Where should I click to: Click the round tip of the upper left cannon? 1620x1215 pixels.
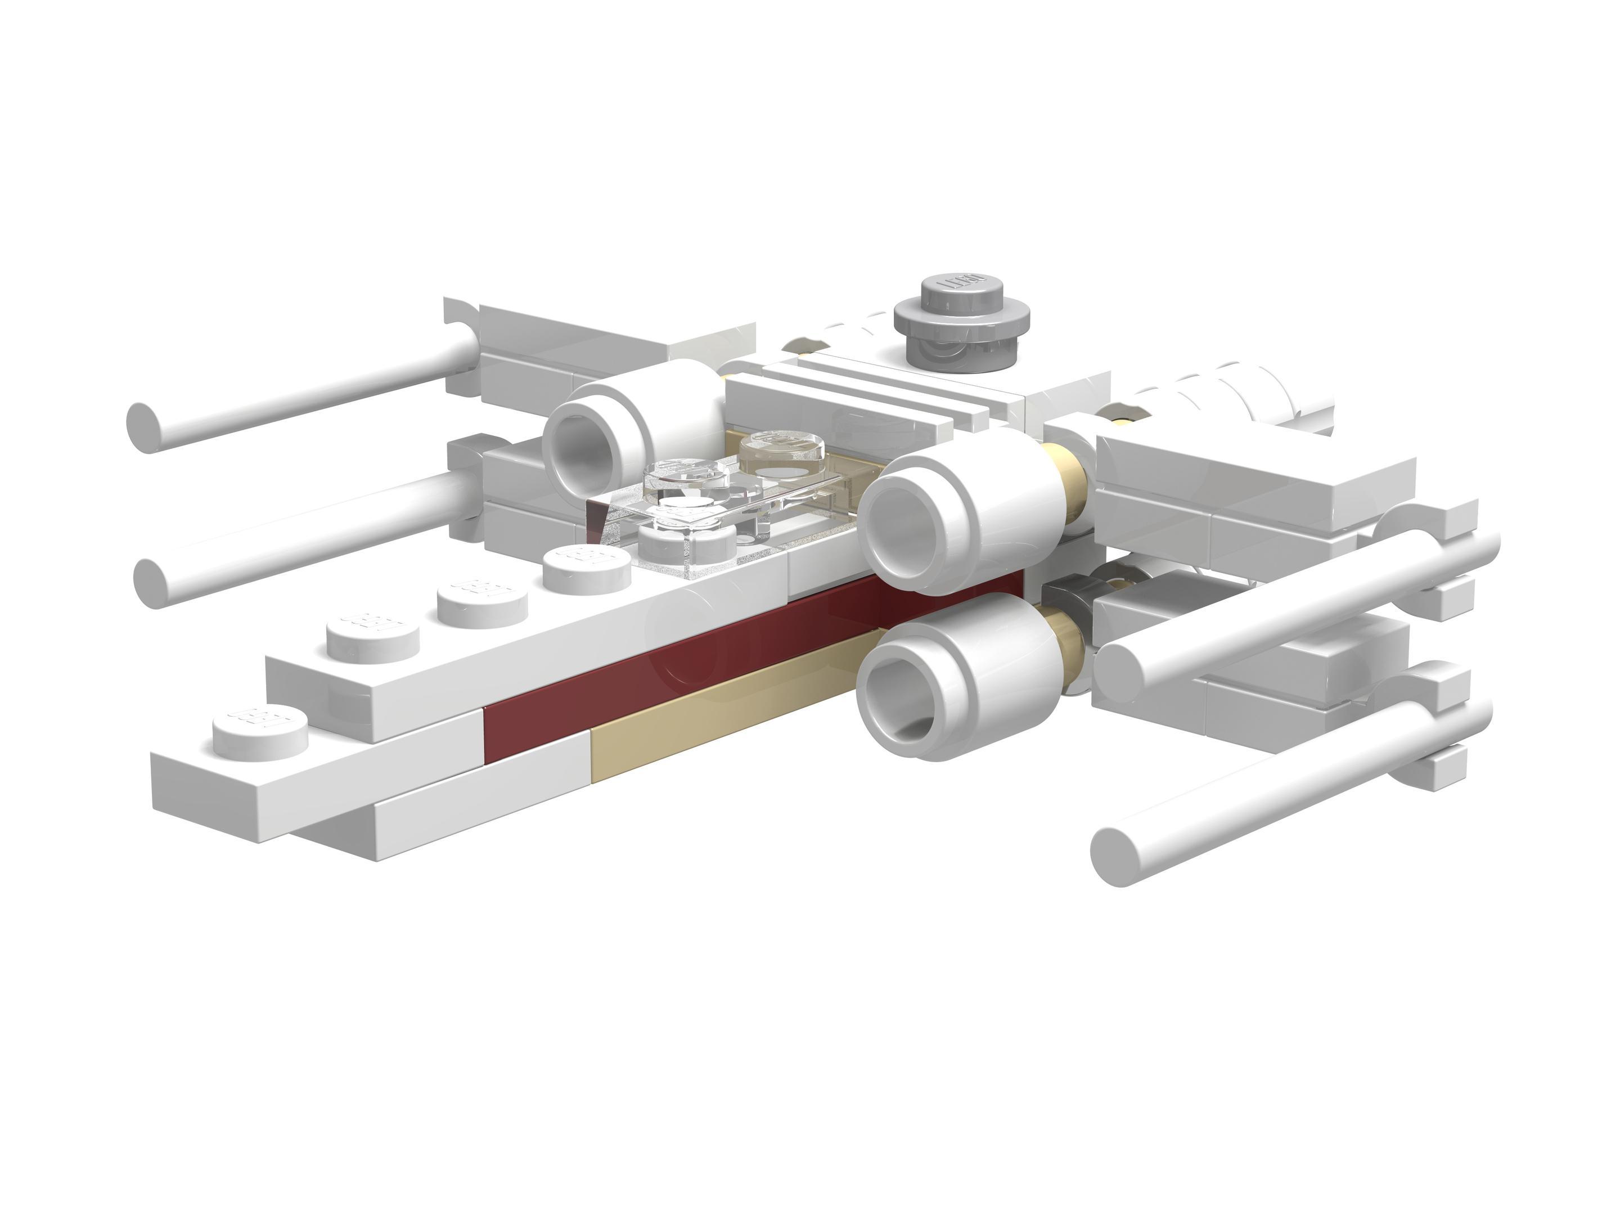coord(143,427)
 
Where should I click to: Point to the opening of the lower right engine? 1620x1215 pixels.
coord(899,694)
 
